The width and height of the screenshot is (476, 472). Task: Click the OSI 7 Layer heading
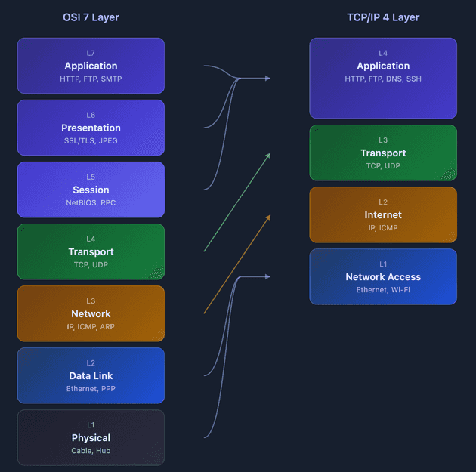pyautogui.click(x=91, y=17)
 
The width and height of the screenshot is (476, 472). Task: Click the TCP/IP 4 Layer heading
pyautogui.click(x=383, y=17)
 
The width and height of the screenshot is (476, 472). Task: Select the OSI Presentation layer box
pyautogui.click(x=91, y=128)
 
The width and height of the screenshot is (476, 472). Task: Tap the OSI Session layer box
pyautogui.click(x=91, y=190)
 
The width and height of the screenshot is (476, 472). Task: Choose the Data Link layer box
pyautogui.click(x=91, y=375)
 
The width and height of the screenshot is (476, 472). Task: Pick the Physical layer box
pyautogui.click(x=91, y=437)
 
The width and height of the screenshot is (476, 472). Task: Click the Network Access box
pyautogui.click(x=383, y=276)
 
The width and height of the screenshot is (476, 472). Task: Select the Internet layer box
pyautogui.click(x=383, y=214)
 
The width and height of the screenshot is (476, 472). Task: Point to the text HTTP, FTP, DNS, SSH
pyautogui.click(x=383, y=79)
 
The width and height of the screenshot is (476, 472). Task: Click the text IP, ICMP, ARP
pyautogui.click(x=91, y=327)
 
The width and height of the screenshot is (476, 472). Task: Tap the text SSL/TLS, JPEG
pyautogui.click(x=91, y=141)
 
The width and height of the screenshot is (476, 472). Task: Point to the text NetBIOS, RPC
pyautogui.click(x=91, y=203)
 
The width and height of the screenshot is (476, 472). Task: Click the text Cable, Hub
pyautogui.click(x=91, y=451)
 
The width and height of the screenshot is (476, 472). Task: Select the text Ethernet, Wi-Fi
pyautogui.click(x=383, y=290)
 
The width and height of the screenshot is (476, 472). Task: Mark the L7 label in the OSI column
pyautogui.click(x=91, y=54)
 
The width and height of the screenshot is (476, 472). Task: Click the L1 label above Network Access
pyautogui.click(x=383, y=264)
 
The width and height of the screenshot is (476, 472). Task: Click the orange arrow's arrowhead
pyautogui.click(x=267, y=216)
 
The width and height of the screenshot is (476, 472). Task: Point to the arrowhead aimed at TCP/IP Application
pyautogui.click(x=267, y=78)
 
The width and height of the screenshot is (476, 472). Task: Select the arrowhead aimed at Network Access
pyautogui.click(x=267, y=277)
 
